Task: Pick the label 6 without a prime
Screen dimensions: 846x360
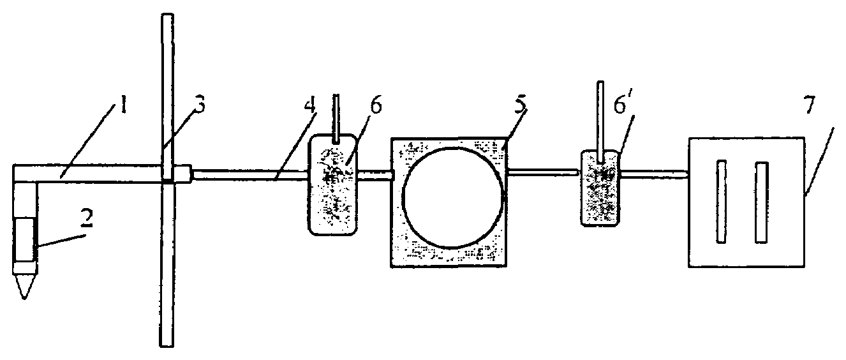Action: [x=376, y=106]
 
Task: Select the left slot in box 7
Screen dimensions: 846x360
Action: [x=721, y=202]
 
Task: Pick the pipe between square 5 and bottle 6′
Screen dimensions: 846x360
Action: [x=543, y=171]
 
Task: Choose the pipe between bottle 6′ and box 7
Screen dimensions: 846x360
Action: [x=653, y=172]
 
